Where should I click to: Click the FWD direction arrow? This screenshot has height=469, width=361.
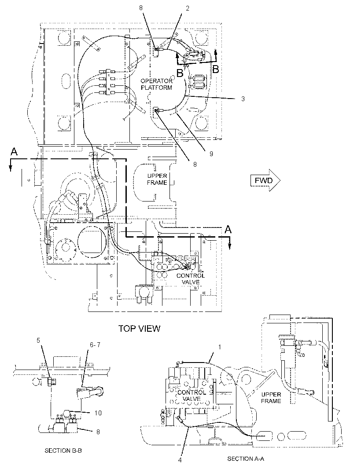point(265,180)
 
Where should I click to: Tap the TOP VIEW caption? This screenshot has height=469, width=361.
point(140,328)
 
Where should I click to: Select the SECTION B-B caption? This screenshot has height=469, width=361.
point(63,451)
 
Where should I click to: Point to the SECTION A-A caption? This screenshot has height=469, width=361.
point(246,458)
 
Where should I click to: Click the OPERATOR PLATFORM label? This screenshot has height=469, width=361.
point(157,84)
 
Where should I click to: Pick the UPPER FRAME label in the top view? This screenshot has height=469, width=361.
point(157,179)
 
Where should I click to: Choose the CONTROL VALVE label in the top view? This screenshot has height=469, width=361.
point(191,279)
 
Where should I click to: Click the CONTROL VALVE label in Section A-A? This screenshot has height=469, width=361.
point(192,396)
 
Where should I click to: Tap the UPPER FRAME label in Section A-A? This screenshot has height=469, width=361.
point(271,398)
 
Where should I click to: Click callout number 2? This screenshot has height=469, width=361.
point(188,8)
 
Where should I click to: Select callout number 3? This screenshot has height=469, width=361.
point(243,99)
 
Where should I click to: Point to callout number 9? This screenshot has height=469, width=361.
point(211,154)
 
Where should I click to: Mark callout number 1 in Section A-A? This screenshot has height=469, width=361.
point(220,347)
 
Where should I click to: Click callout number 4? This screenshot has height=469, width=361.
point(180,460)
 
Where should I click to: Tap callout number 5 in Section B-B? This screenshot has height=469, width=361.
point(38,340)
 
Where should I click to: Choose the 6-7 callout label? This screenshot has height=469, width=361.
point(95,345)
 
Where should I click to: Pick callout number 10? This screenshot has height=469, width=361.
point(98,413)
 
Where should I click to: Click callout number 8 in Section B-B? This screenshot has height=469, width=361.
point(98,432)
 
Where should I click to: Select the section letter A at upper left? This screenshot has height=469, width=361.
point(14,152)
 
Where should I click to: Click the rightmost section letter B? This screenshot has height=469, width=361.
point(216,69)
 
